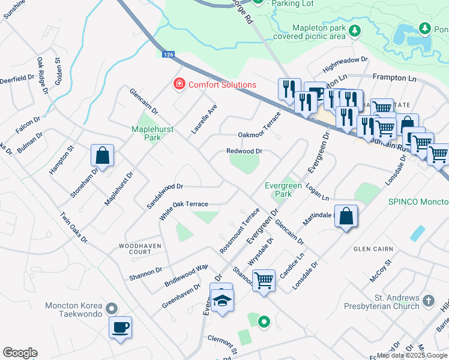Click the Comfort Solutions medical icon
[x=178, y=84]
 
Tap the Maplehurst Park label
[x=146, y=133]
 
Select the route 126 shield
[x=169, y=55]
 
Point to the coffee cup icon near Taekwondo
[x=121, y=328]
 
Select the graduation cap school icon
[x=222, y=301]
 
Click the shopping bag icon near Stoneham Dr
[x=103, y=155]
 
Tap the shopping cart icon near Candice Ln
[x=264, y=280]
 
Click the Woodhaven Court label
[x=135, y=248]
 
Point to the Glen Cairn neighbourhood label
[x=373, y=249]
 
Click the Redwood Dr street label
[x=244, y=151]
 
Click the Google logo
[x=20, y=353]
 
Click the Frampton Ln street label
[x=394, y=77]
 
